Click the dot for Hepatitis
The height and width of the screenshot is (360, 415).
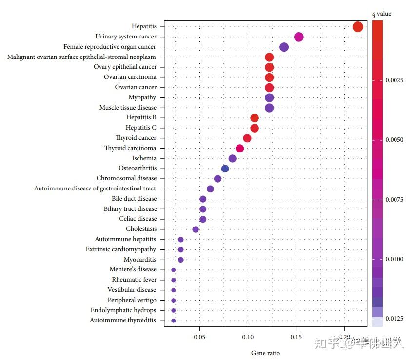pos(357,26)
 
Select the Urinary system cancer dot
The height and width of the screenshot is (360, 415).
pos(298,37)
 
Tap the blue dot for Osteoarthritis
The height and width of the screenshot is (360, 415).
pos(225,169)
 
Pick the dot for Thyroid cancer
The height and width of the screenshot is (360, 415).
pos(247,138)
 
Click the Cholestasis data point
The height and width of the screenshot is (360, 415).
pos(196,229)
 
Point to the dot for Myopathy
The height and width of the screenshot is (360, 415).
pos(269,97)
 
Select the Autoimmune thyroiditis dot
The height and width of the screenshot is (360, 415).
pos(173,321)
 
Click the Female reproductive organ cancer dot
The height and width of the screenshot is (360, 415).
pos(284,47)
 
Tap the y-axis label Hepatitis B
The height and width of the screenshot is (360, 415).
pos(141,117)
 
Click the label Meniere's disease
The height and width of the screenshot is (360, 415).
pos(133,269)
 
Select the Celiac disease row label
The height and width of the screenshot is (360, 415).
pos(138,219)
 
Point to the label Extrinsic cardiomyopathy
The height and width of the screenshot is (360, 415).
pos(121,249)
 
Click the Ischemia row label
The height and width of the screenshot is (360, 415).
pos(144,158)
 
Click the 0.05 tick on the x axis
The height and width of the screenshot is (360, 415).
pos(199,336)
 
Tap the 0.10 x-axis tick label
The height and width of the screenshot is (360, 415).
pos(248,336)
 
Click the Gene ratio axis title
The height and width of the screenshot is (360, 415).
pos(265,353)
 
